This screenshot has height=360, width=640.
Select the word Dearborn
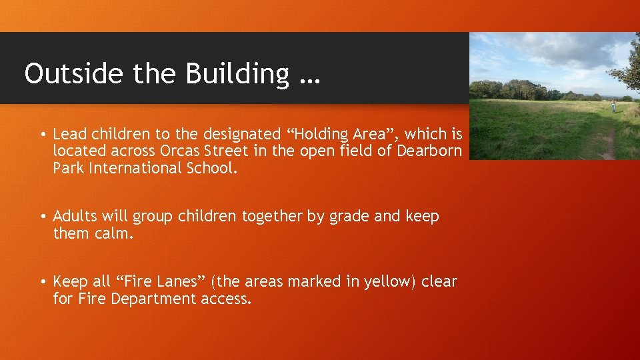click(429, 151)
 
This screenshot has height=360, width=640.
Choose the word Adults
click(76, 216)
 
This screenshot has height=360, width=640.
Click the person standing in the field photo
click(613, 105)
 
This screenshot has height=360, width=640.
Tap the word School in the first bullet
click(210, 167)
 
